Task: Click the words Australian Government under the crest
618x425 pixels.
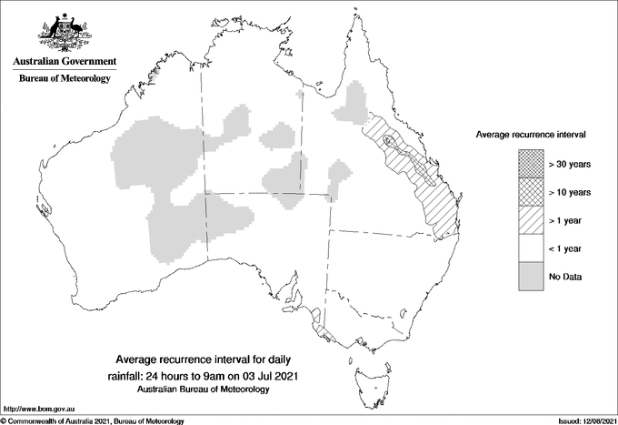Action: [64, 62]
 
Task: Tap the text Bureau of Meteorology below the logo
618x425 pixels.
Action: [64, 79]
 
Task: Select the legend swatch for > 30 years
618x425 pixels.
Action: [530, 164]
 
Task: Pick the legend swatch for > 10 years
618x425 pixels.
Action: [530, 192]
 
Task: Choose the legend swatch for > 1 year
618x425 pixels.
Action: [530, 220]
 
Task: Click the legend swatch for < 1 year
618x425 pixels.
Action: [530, 248]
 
